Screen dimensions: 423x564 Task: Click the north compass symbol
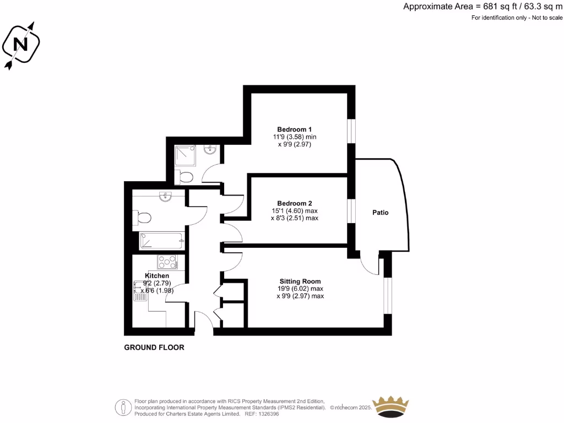21,45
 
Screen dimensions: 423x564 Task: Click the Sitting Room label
300,281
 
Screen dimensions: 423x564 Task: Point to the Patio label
380,213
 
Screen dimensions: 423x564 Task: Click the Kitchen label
157,275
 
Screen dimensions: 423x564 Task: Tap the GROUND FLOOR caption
154,348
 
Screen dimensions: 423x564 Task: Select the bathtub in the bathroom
161,241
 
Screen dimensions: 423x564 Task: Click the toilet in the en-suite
186,177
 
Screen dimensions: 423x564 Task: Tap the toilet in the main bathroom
142,218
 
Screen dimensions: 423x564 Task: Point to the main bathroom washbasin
166,197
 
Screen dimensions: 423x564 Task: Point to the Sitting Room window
388,296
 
